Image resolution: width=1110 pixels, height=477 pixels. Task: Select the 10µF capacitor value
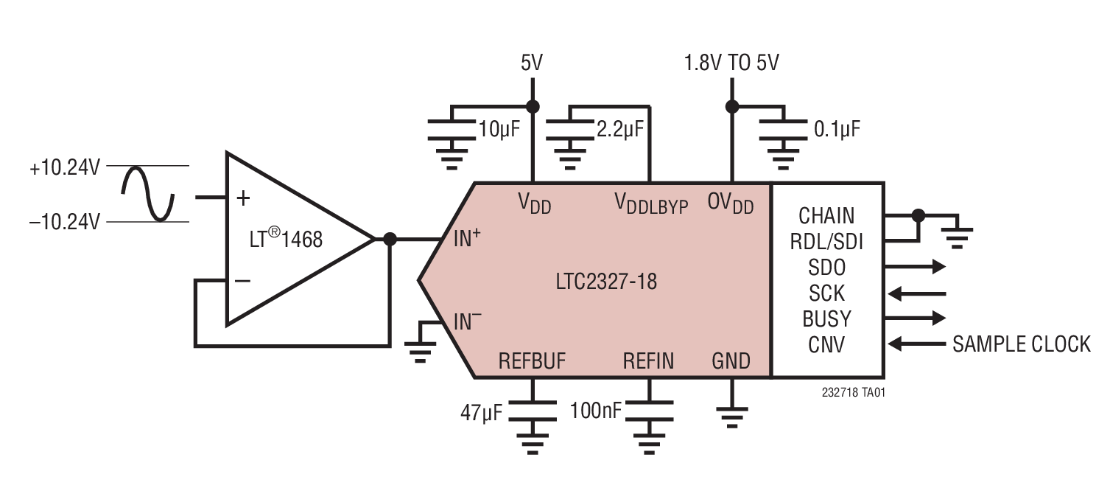tap(499, 130)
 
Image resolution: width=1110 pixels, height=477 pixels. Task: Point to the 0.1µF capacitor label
tap(837, 130)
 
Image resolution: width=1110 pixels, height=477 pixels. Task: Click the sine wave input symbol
tap(147, 193)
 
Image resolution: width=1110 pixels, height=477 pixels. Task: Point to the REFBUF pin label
tap(532, 361)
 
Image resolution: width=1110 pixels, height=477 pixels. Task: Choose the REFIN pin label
tap(648, 361)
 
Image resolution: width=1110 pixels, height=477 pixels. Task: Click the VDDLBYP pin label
tap(651, 203)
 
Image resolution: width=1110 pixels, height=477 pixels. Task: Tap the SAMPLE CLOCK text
tap(1021, 344)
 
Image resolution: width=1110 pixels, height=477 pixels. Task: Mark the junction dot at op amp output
tap(390, 240)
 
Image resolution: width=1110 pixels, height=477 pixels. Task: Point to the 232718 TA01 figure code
tap(853, 393)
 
